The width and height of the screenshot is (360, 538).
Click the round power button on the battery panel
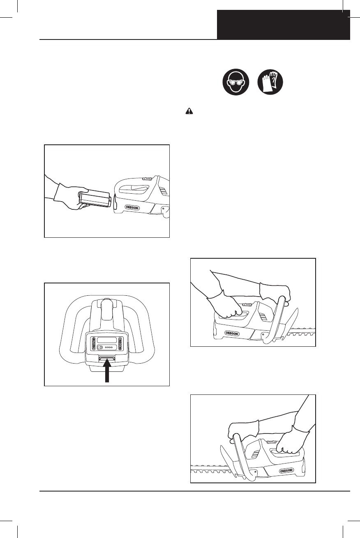pos(99,348)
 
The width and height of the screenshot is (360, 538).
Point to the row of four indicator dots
pos(109,348)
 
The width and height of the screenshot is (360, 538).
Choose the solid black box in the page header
pos(284,25)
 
